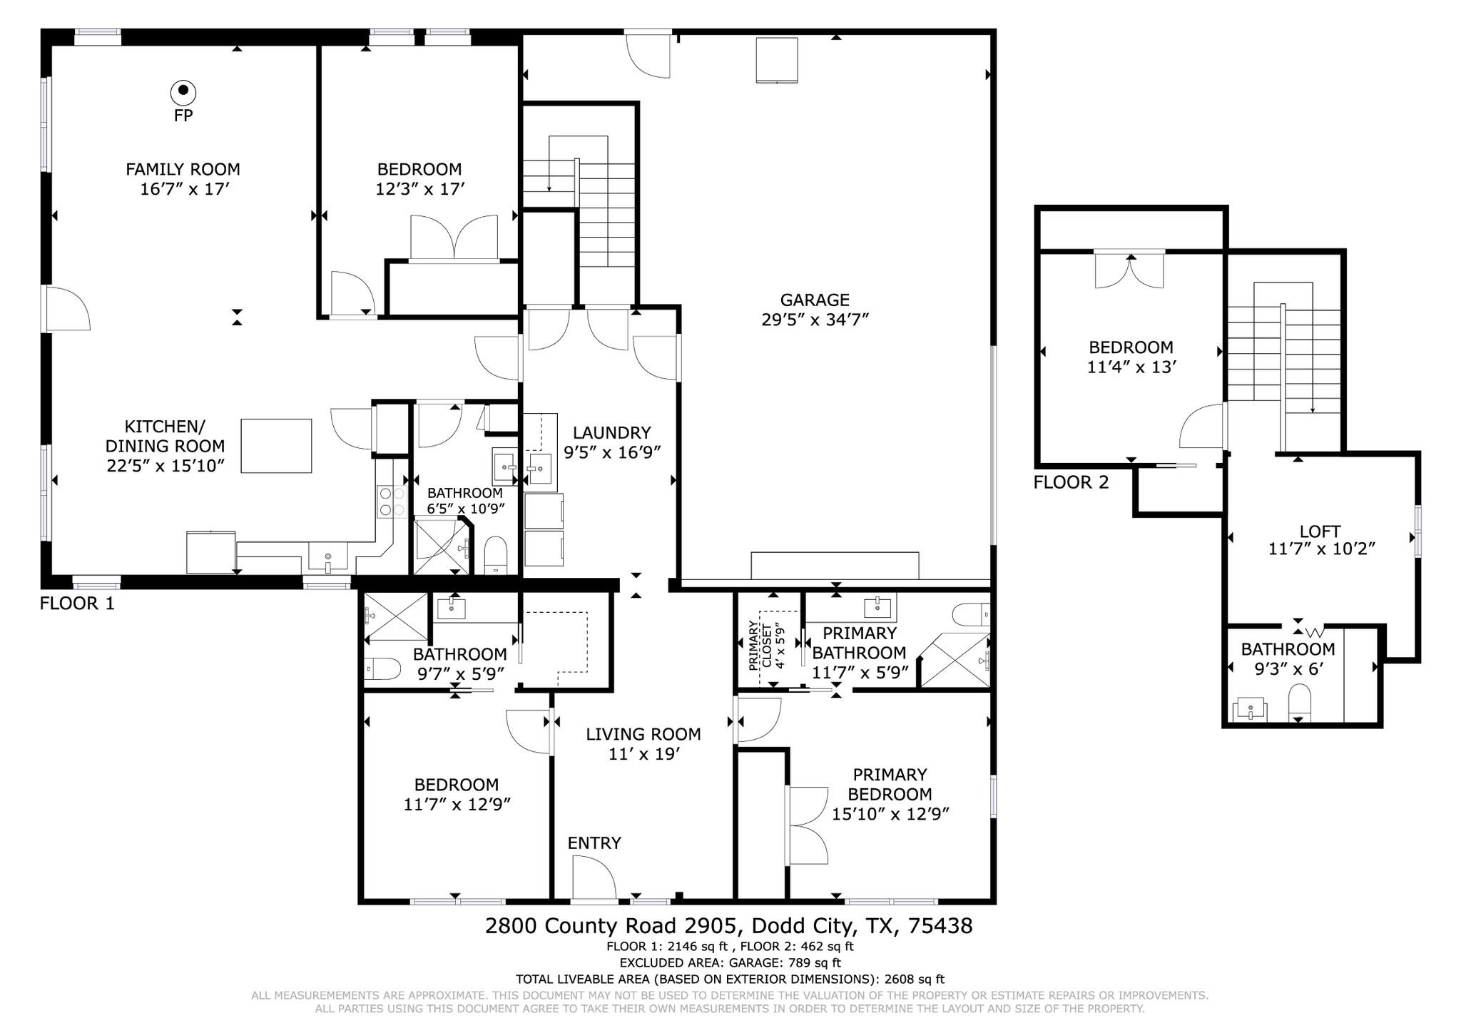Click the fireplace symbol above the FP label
(x=183, y=91)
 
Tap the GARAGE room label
(x=814, y=300)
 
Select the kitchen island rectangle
(x=276, y=446)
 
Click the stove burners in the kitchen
(x=390, y=501)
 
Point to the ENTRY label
(x=594, y=843)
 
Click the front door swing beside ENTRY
(x=594, y=877)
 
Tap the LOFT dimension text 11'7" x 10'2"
(x=1321, y=549)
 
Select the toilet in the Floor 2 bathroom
(x=1300, y=703)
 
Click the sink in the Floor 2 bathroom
(x=1251, y=710)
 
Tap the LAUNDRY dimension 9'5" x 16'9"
(x=612, y=452)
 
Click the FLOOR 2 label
(x=1071, y=483)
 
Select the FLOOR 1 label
(x=77, y=604)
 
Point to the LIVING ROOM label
(x=643, y=734)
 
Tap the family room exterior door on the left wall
(x=66, y=308)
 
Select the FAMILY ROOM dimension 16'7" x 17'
(x=184, y=190)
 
